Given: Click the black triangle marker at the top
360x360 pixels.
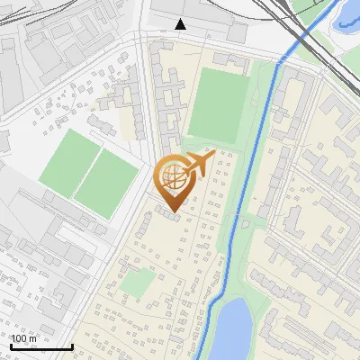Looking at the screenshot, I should coord(181,24).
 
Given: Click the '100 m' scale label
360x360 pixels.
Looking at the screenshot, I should coord(25,337).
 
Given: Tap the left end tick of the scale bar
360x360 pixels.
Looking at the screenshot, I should coord(10,345).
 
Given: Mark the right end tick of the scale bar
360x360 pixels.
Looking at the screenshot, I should coord(72,345).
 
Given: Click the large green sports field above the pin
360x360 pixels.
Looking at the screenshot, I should coord(215,107).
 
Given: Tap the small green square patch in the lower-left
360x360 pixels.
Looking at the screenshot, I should coord(137,283).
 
